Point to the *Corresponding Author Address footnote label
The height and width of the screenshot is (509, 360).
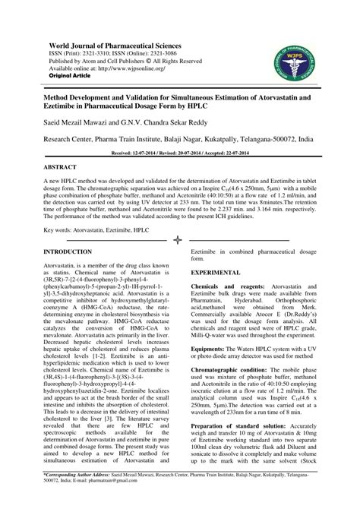tap(79, 495)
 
